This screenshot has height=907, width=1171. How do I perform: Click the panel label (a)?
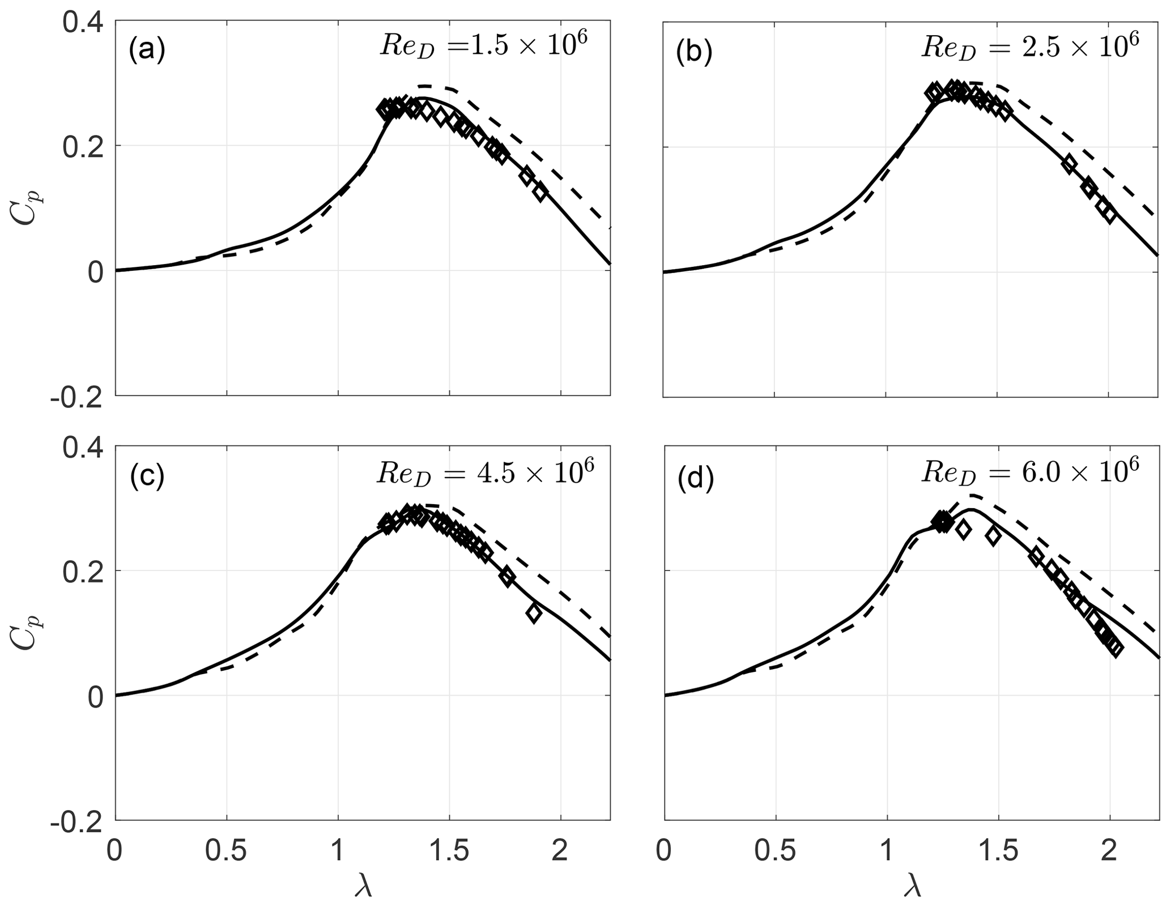coord(146,50)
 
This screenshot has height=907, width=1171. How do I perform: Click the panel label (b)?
coord(695,53)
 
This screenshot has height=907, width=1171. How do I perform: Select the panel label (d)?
coord(695,479)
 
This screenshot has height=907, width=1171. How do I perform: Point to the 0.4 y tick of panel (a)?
coord(83,24)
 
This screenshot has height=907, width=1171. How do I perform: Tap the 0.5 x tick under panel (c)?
coord(227,851)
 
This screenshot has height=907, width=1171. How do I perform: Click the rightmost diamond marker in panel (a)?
coord(539,192)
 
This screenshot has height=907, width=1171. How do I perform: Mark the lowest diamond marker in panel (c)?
coord(533,613)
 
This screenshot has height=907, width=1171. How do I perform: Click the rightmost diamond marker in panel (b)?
coord(1109,216)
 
